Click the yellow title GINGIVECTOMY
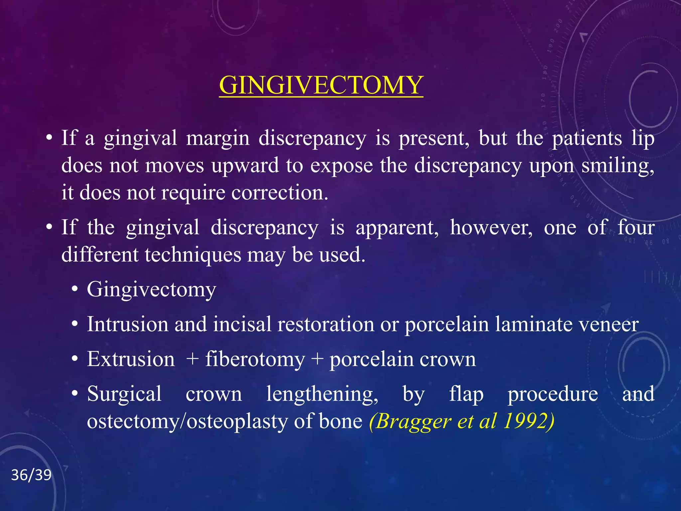point(321,85)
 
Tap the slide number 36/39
point(31,475)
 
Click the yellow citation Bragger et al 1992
point(462,421)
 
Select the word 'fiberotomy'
point(255,360)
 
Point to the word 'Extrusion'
point(131,360)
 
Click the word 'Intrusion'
point(127,324)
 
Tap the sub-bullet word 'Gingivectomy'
point(151,289)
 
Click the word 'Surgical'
point(124,394)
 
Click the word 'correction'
point(279,193)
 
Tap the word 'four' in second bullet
point(636,228)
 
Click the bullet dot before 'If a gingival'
point(49,138)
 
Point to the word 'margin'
point(217,139)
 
